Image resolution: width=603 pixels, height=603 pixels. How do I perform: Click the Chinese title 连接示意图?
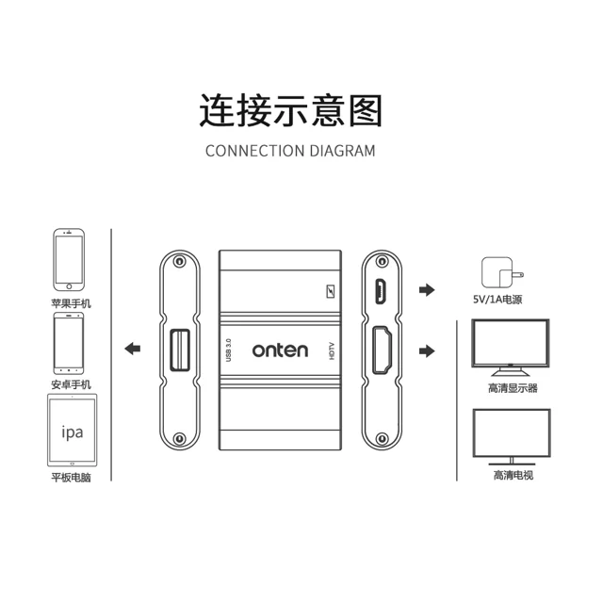pyautogui.click(x=290, y=110)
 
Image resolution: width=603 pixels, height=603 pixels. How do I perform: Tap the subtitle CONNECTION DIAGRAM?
pyautogui.click(x=290, y=151)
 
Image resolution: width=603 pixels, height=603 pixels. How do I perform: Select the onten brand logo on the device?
pyautogui.click(x=280, y=350)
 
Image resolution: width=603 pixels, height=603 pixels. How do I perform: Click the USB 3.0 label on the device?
pyautogui.click(x=228, y=350)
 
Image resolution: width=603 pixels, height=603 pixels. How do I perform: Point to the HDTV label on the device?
pyautogui.click(x=332, y=351)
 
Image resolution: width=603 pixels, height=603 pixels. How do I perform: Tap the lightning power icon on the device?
pyautogui.click(x=331, y=291)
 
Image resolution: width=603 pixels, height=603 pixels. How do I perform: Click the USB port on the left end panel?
pyautogui.click(x=180, y=350)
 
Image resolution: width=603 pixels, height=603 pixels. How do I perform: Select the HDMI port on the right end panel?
pyautogui.click(x=382, y=350)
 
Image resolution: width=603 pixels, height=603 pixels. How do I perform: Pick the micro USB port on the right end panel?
pyautogui.click(x=381, y=291)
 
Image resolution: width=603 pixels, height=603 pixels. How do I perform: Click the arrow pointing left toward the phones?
pyautogui.click(x=133, y=349)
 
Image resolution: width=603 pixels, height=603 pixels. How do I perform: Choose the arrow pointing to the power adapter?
pyautogui.click(x=427, y=289)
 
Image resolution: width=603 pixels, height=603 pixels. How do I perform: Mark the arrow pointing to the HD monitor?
pyautogui.click(x=427, y=350)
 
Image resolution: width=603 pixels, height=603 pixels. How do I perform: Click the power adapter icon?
pyautogui.click(x=501, y=272)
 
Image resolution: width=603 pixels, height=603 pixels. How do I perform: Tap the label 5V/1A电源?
pyautogui.click(x=497, y=300)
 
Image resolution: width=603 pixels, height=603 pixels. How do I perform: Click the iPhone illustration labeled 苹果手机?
pyautogui.click(x=69, y=260)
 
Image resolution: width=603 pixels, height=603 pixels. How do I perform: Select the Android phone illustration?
pyautogui.click(x=69, y=343)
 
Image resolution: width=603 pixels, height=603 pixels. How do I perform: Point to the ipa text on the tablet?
pyautogui.click(x=73, y=432)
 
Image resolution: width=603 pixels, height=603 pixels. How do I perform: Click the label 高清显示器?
pyautogui.click(x=513, y=388)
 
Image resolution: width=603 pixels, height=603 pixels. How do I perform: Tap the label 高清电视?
pyautogui.click(x=513, y=475)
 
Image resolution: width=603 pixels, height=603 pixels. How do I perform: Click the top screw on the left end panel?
pyautogui.click(x=179, y=261)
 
